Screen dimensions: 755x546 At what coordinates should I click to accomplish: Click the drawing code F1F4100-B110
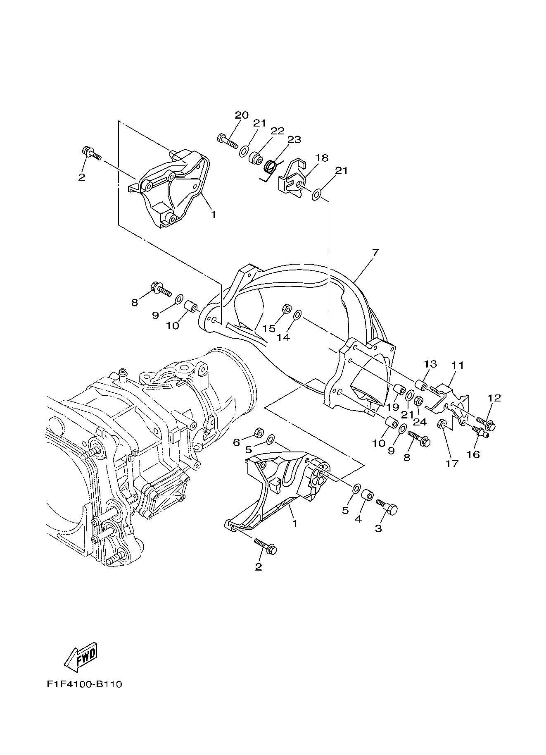click(x=84, y=684)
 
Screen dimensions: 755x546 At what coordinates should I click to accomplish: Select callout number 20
click(x=242, y=115)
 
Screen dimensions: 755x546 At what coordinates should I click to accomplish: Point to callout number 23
click(x=294, y=140)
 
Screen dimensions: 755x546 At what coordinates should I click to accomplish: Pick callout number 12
click(x=494, y=398)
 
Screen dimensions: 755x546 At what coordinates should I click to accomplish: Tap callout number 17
click(x=452, y=464)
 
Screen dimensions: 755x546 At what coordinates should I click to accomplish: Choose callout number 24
click(x=420, y=422)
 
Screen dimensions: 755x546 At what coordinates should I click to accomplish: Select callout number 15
click(x=269, y=328)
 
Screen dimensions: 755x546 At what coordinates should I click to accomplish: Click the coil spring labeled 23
click(x=270, y=167)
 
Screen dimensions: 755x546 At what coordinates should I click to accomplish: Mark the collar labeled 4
click(x=367, y=495)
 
